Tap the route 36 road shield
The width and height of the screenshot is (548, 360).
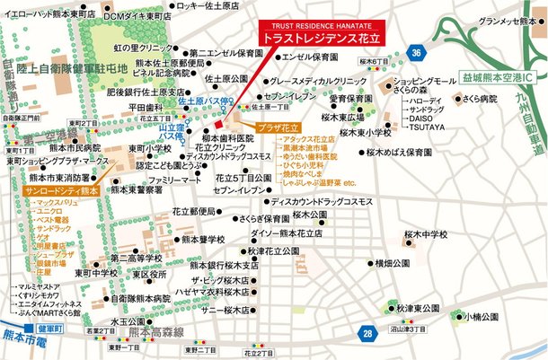pos(414,55)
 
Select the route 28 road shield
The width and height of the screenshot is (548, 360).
pos(367,333)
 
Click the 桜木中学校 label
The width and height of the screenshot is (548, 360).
pos(425,234)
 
